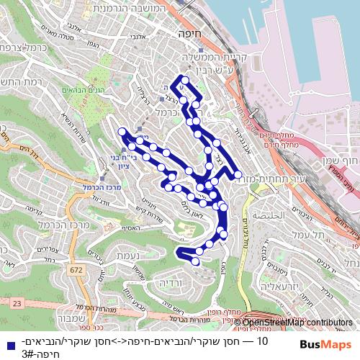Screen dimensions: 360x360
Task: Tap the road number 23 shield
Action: pyautogui.click(x=16, y=305)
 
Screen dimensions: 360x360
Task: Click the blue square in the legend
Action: pyautogui.click(x=7, y=342)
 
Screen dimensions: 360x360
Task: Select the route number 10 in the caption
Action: pyautogui.click(x=261, y=341)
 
